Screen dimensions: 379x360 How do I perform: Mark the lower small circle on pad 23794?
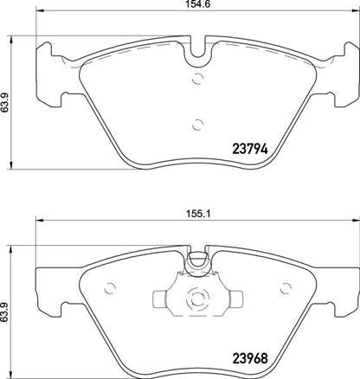pos(197,123)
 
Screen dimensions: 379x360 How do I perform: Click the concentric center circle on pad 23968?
pos(197,300)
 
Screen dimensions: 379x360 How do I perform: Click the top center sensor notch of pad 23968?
pos(197,256)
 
